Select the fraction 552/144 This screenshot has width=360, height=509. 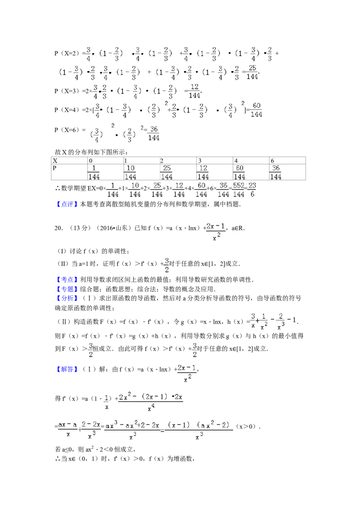238,190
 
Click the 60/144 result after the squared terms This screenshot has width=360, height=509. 256,110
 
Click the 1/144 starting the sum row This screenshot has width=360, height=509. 112,190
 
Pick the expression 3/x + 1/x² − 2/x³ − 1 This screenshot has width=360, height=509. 274,321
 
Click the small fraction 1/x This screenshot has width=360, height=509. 107,402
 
